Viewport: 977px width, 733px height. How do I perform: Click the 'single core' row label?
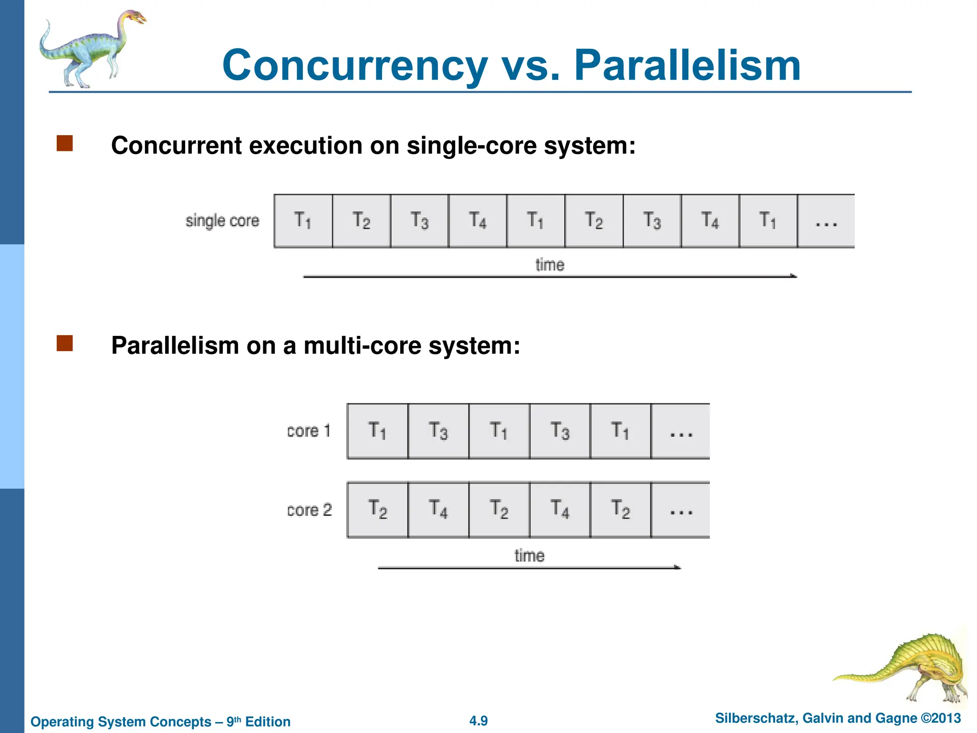click(222, 221)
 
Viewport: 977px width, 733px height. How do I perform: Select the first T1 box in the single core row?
click(303, 221)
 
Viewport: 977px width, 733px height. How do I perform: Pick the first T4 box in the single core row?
click(478, 221)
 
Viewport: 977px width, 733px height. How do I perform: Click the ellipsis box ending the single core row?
click(826, 221)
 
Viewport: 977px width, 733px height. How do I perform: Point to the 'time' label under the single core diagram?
click(550, 265)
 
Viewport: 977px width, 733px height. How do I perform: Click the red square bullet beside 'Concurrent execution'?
click(64, 143)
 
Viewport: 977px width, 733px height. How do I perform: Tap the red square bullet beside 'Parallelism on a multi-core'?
click(64, 343)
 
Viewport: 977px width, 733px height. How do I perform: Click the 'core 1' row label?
click(309, 431)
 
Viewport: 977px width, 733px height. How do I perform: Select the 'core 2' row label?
click(309, 510)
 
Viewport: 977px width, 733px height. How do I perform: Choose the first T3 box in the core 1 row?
click(438, 431)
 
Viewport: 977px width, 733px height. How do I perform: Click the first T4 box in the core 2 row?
click(438, 509)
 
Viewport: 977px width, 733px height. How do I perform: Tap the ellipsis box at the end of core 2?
click(681, 509)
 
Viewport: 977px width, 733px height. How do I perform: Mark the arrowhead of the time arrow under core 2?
click(677, 567)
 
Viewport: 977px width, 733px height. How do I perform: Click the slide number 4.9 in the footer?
click(478, 721)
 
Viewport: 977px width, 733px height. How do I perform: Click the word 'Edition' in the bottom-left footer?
click(268, 722)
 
